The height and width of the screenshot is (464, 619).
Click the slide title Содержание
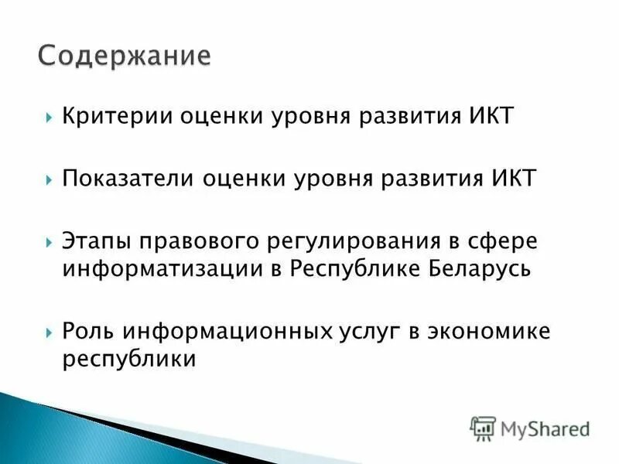(x=124, y=57)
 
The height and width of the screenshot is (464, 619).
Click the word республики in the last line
(x=128, y=360)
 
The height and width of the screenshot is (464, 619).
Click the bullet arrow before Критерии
(x=49, y=118)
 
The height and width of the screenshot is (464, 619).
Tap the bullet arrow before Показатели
(x=49, y=179)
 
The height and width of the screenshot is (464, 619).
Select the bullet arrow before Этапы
(x=49, y=241)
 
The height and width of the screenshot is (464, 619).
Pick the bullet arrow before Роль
(x=49, y=332)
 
